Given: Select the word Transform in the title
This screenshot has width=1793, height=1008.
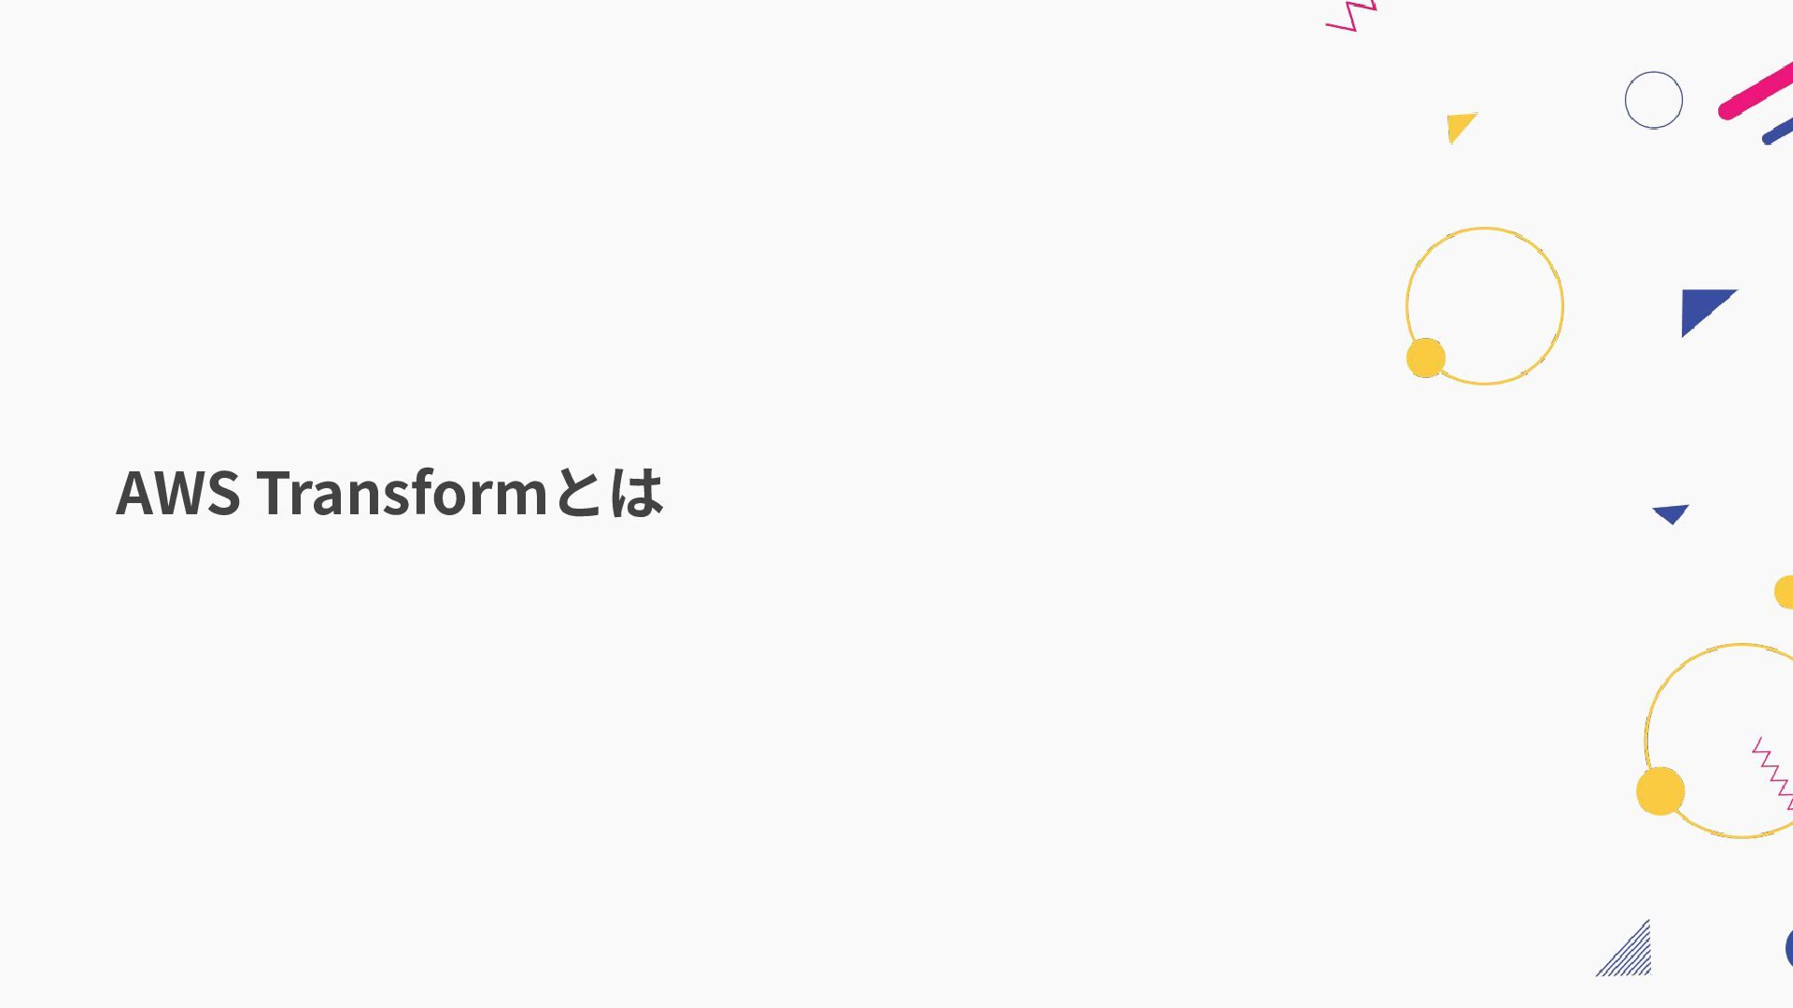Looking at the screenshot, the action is pyautogui.click(x=402, y=493).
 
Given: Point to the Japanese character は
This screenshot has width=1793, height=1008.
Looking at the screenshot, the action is pyautogui.click(x=637, y=493).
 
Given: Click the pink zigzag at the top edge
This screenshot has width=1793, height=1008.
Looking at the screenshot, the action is pyautogui.click(x=1352, y=16).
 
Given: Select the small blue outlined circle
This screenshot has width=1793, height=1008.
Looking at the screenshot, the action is pyautogui.click(x=1653, y=100).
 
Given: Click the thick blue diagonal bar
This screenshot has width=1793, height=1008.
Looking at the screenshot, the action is pyautogui.click(x=1779, y=132).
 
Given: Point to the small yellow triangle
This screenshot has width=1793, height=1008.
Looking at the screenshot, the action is pyautogui.click(x=1459, y=125).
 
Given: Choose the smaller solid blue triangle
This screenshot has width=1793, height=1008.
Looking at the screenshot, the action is pyautogui.click(x=1671, y=513).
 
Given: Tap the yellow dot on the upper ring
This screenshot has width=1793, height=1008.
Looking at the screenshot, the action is pyautogui.click(x=1425, y=357).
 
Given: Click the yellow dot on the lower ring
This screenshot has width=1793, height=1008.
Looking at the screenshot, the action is pyautogui.click(x=1659, y=791).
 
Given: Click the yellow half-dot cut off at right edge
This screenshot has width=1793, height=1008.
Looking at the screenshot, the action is pyautogui.click(x=1785, y=592).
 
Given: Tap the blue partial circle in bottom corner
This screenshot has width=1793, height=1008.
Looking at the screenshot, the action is pyautogui.click(x=1788, y=948).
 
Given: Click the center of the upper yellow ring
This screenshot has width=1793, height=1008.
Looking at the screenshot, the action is pyautogui.click(x=1484, y=306).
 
